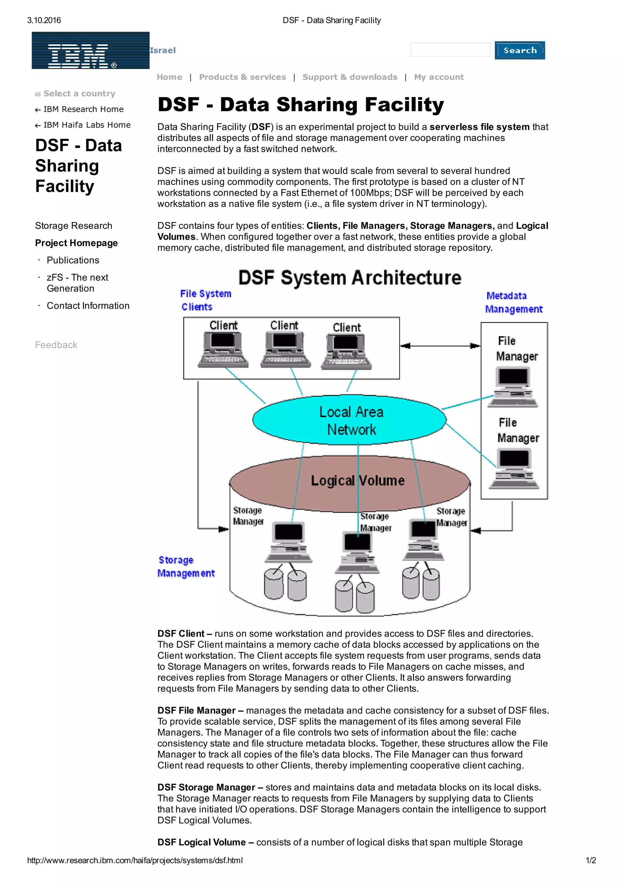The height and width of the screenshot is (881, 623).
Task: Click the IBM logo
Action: point(90,50)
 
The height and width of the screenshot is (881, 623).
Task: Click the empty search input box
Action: point(450,50)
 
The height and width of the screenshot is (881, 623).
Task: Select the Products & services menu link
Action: point(242,77)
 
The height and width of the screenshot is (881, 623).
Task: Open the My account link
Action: point(438,77)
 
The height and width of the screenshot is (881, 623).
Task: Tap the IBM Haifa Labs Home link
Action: point(87,125)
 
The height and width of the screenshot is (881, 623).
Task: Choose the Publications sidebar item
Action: point(73,260)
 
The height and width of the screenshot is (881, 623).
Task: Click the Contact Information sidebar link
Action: point(88,306)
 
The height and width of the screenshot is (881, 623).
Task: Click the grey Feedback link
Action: point(56,345)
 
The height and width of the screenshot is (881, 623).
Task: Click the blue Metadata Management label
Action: point(513,302)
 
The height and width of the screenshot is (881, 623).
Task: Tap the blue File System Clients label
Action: point(205,300)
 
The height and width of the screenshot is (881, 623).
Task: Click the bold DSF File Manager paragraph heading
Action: point(196,710)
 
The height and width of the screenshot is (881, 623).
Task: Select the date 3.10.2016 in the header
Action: point(44,20)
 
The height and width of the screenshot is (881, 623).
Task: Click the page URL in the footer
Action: point(135,860)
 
